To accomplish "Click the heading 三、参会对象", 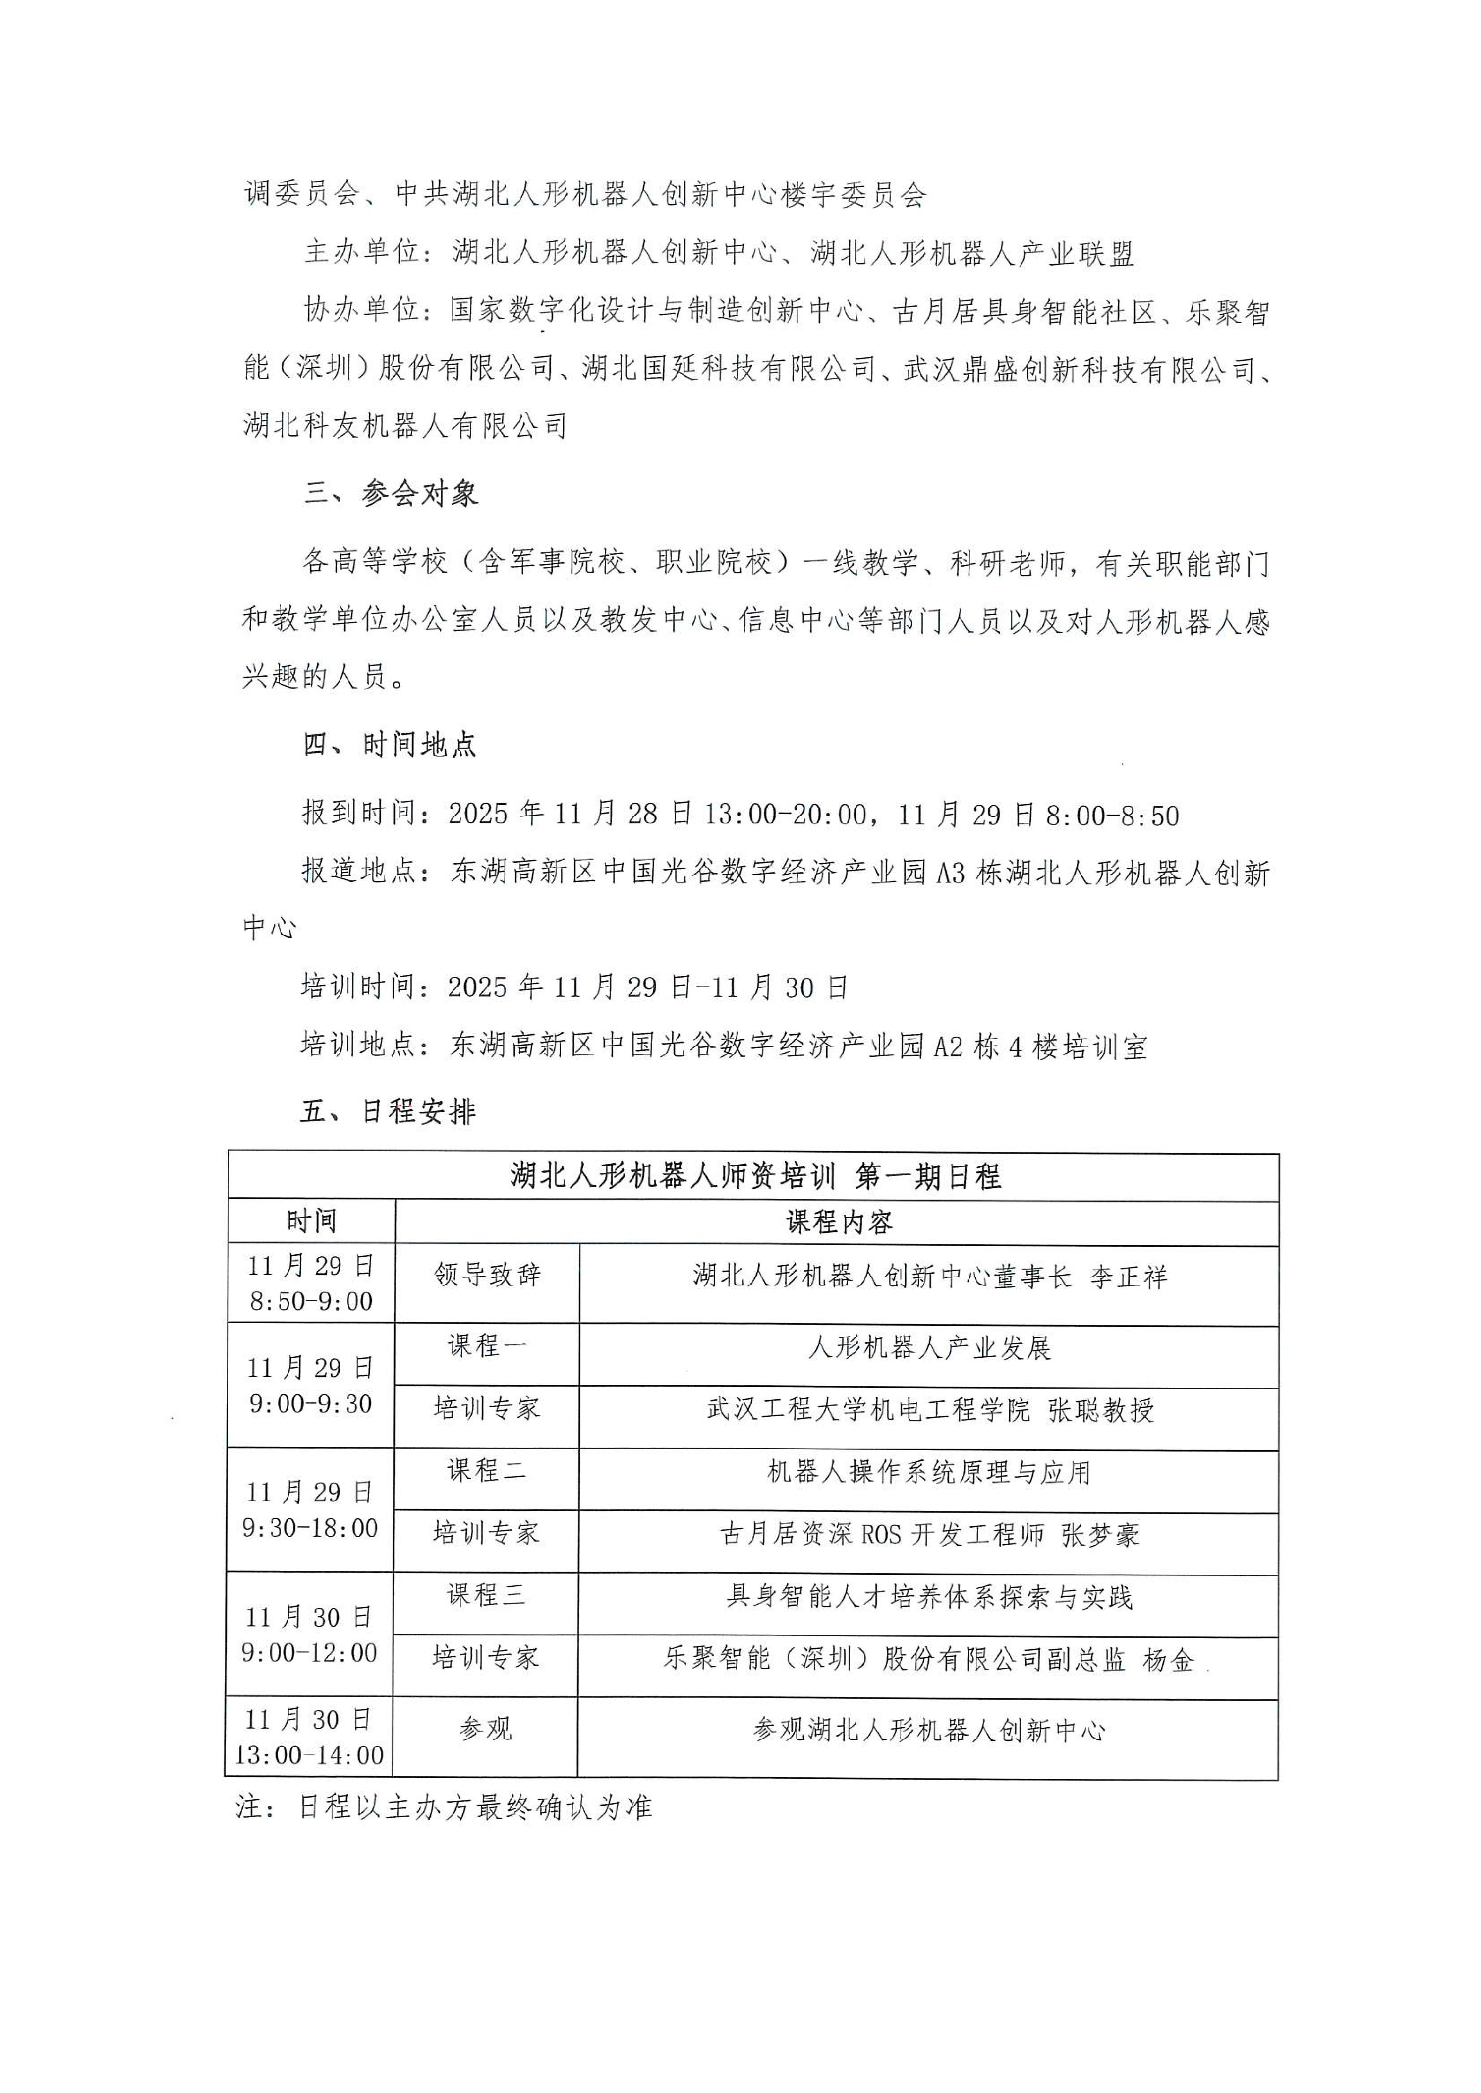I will click(390, 493).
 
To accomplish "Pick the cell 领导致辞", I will click(487, 1275).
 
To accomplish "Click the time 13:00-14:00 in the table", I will click(309, 1755).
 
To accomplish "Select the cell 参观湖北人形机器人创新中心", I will click(929, 1729).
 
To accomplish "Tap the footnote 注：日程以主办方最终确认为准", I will click(444, 1807).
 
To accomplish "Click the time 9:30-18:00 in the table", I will click(310, 1528).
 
